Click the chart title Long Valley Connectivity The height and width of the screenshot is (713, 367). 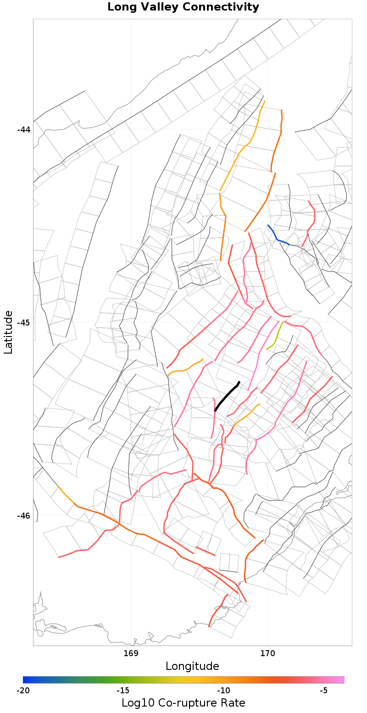183,7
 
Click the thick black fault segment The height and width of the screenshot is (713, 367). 227,397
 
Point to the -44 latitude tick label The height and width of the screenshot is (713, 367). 23,130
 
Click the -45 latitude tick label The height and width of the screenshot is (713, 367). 23,323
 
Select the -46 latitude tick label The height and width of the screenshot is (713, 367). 23,516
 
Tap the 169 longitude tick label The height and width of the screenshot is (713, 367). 131,653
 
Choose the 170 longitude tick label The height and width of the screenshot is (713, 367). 267,653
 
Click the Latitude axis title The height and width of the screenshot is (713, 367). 8,332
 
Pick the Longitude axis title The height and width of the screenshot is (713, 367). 192,666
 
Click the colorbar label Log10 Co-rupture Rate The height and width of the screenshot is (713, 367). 183,703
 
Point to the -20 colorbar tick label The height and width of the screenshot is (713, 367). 23,691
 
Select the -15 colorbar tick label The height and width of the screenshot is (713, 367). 123,691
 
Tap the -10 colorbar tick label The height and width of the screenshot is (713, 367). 223,691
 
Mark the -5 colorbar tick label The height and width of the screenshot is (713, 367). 323,691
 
